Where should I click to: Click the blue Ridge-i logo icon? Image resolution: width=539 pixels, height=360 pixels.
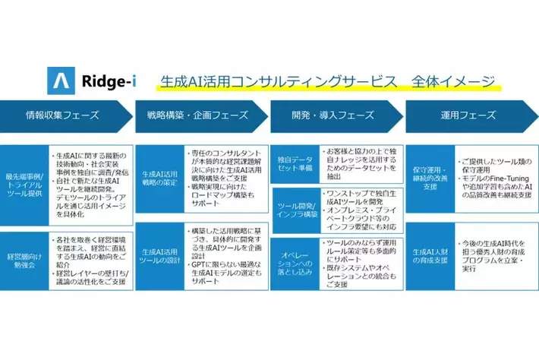tap(59, 81)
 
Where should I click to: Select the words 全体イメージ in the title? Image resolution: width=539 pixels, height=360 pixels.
tap(453, 81)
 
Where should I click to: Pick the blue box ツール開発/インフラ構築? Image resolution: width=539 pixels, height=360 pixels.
tap(293, 210)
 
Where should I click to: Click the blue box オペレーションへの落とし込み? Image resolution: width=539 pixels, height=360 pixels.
tap(293, 262)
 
